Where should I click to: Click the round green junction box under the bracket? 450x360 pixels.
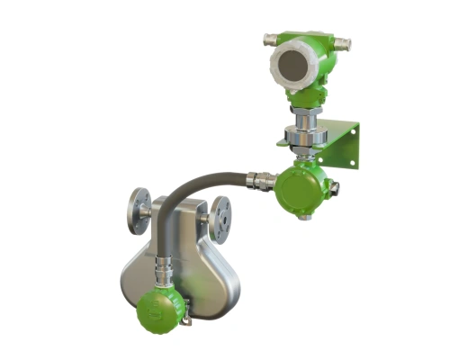point(301,189)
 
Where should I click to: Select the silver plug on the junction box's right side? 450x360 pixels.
point(334,189)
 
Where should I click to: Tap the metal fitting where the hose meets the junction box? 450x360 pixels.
point(262,181)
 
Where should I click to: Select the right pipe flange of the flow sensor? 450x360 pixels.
point(220,219)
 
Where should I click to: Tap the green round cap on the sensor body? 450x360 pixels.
point(159,310)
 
